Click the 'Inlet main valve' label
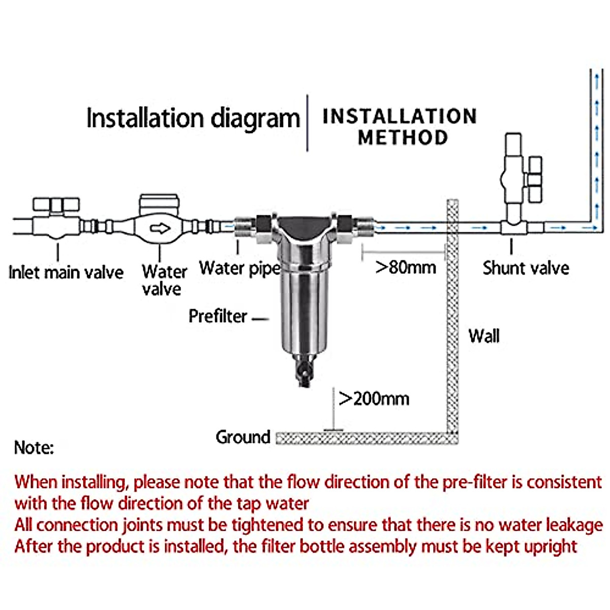coord(66,272)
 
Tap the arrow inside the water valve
coord(161,229)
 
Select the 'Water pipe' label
coord(239,268)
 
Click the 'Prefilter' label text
coord(218,316)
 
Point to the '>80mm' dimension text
coord(405,267)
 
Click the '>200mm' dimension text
coord(374,399)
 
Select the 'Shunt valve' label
coord(526,268)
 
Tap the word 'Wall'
coord(484,336)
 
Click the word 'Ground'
coord(242,437)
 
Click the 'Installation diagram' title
coord(193,118)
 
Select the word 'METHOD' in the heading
coord(403,138)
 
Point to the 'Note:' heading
coord(34,448)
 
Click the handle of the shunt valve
coord(534,179)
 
